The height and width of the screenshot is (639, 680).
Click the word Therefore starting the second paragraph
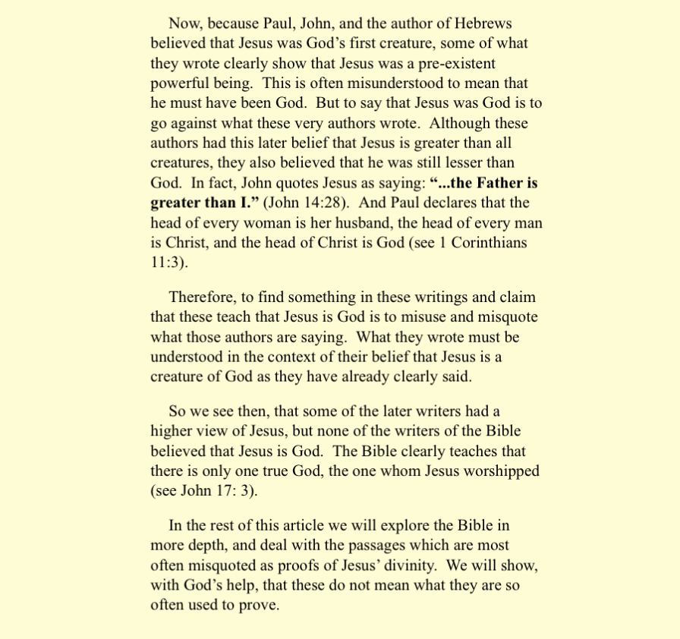tap(203, 297)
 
